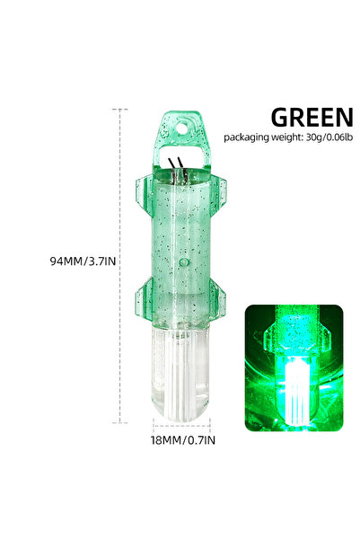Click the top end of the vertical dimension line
coord(120,110)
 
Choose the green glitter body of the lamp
coord(180,234)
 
